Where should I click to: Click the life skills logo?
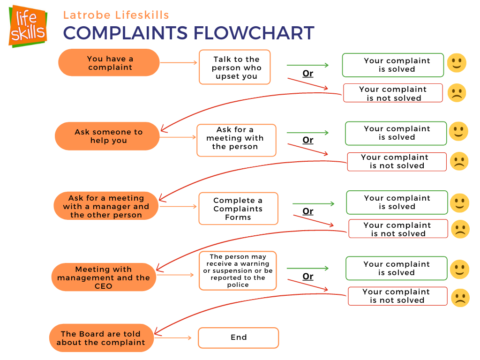28,26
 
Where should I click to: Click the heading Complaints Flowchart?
188,33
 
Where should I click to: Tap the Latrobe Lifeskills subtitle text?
116,15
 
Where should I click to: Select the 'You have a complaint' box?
109,63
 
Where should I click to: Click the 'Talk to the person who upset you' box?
235,67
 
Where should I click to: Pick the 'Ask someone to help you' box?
108,136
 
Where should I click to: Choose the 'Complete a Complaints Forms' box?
238,209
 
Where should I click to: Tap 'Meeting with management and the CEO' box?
103,277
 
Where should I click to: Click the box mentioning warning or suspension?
238,270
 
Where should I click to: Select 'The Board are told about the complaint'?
101,338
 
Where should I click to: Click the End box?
238,337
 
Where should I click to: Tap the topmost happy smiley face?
456,63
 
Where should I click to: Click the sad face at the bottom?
460,298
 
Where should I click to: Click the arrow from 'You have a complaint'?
179,63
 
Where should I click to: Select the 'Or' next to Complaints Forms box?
307,211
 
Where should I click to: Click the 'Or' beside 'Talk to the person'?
307,74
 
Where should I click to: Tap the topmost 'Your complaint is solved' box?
393,65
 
